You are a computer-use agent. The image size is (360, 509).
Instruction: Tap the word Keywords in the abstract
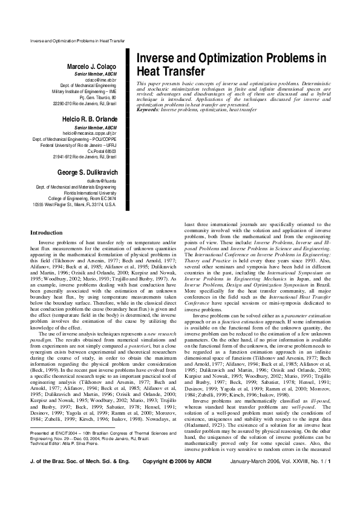(148, 109)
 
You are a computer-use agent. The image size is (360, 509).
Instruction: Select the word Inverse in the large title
(160, 58)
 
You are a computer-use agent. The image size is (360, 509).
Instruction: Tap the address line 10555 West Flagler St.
(74, 205)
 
